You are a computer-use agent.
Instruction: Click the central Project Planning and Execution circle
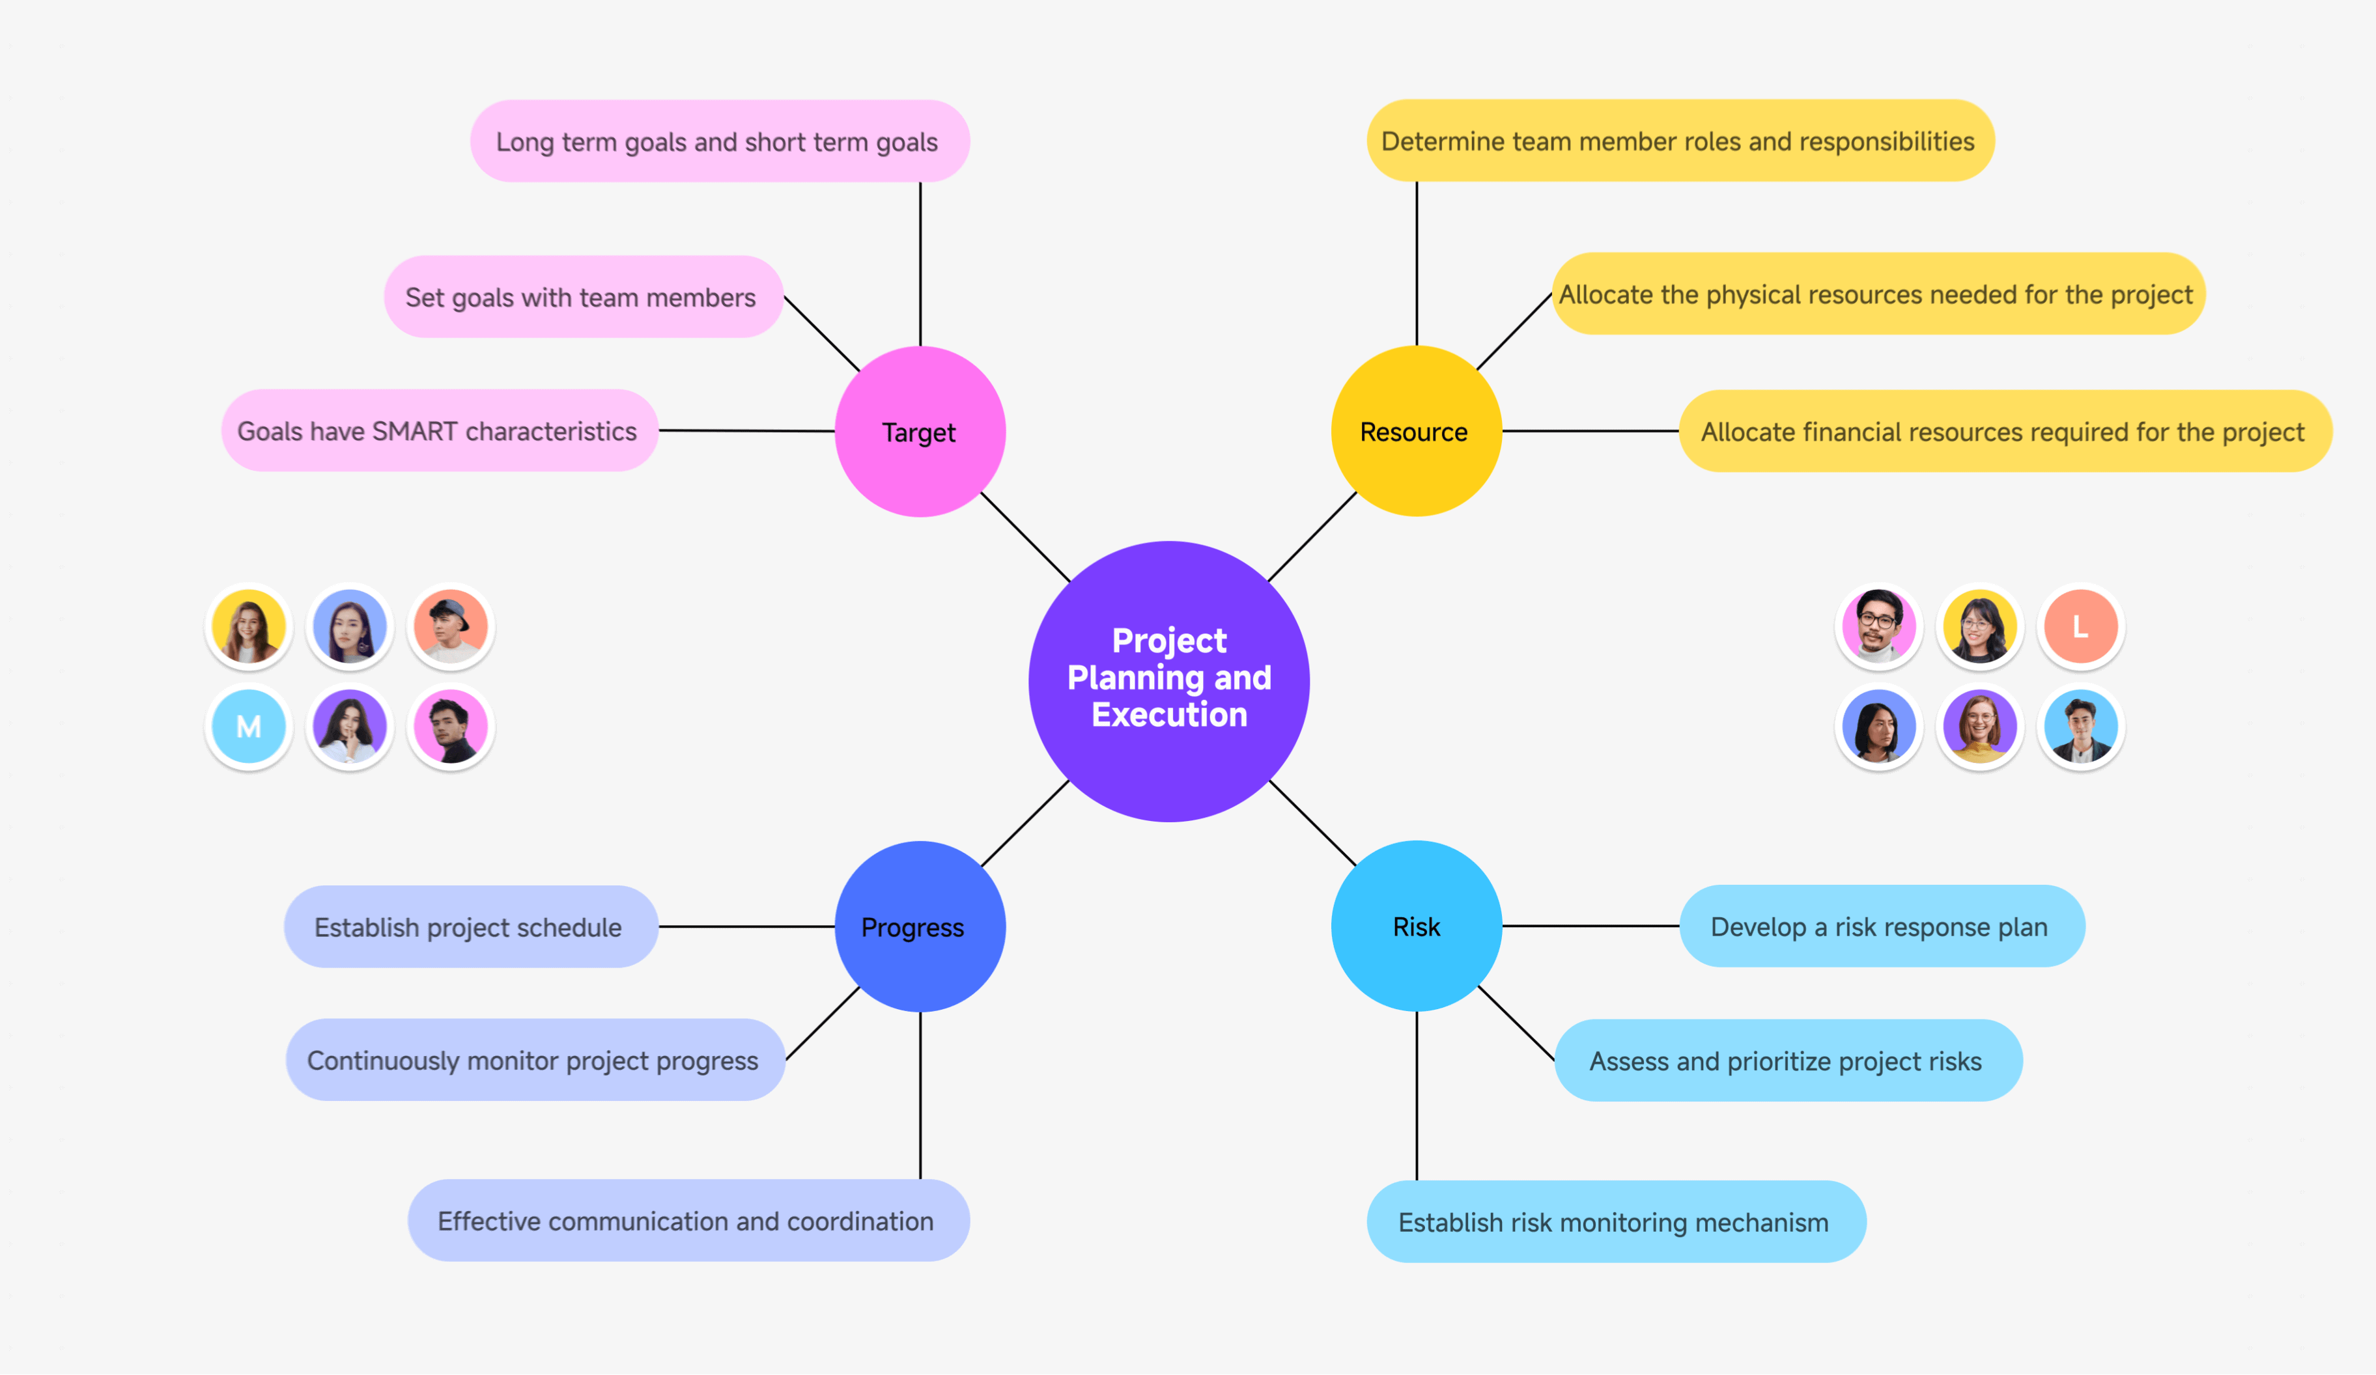tap(1169, 680)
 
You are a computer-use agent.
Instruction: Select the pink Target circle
tap(919, 432)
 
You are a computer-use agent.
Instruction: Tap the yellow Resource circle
tap(1415, 432)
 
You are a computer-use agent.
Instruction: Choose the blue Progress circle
tap(919, 926)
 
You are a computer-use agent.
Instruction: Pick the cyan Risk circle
tap(1415, 926)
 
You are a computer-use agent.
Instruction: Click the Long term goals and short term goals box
tap(720, 141)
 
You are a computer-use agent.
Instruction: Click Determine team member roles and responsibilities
tap(1679, 141)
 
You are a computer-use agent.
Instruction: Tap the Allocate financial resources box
tap(2003, 432)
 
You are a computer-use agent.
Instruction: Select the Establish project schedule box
tap(470, 926)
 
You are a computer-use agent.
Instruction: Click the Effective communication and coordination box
tap(687, 1221)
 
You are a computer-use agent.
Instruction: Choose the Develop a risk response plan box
tap(1881, 926)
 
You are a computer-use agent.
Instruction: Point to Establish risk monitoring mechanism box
tap(1615, 1221)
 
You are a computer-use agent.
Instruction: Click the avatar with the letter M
tap(248, 726)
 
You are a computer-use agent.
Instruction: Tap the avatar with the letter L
tap(2080, 626)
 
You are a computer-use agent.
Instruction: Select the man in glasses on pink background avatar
tap(1878, 626)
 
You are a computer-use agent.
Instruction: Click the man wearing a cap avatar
tap(450, 626)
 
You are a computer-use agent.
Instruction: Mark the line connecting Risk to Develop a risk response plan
tap(1590, 926)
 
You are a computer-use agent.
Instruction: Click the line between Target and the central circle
tap(1025, 536)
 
